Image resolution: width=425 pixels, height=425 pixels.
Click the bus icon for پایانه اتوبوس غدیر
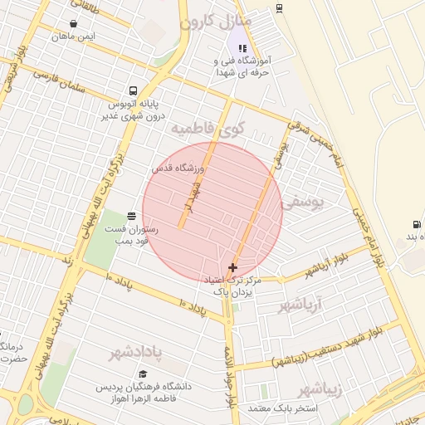click(133, 90)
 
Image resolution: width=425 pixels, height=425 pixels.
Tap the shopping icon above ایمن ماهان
click(75, 23)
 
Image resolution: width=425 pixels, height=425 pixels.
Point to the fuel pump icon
click(415, 224)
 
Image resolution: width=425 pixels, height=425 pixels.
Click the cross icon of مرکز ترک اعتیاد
click(232, 267)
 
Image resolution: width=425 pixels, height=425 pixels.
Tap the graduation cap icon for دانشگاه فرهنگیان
click(143, 374)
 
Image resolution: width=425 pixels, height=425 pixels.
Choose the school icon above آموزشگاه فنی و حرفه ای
click(242, 48)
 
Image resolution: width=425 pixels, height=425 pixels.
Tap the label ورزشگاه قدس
click(178, 168)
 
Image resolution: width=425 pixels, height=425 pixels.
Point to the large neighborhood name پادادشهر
click(146, 353)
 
